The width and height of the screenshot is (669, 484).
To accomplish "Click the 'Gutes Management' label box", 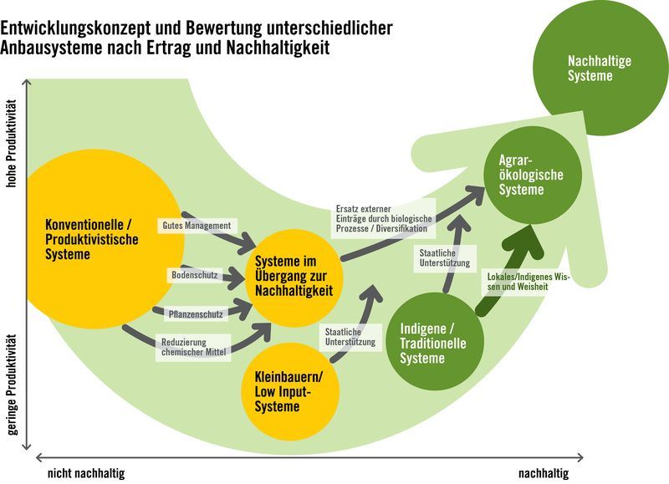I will coord(198,226).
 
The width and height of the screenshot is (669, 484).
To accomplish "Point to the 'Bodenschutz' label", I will coord(194,274).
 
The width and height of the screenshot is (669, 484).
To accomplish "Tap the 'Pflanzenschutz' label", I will coord(194,313).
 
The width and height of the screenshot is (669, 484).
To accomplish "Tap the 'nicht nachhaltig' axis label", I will coord(86,472).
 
